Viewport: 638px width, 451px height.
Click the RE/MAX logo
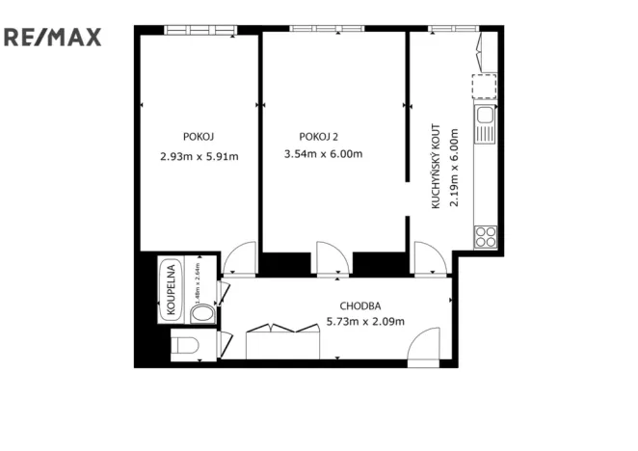pyautogui.click(x=52, y=38)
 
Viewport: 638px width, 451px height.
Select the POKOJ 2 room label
pyautogui.click(x=319, y=135)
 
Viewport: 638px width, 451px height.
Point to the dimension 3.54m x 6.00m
pyautogui.click(x=323, y=154)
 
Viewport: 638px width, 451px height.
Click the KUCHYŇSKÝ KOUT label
pyautogui.click(x=437, y=169)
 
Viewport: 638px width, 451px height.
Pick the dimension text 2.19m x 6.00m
pyautogui.click(x=454, y=169)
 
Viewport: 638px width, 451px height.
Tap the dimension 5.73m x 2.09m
pyautogui.click(x=365, y=322)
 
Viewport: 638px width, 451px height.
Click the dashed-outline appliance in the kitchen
pyautogui.click(x=484, y=88)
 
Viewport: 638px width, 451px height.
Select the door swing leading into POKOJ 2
pyautogui.click(x=332, y=258)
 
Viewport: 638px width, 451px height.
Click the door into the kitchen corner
pyautogui.click(x=428, y=258)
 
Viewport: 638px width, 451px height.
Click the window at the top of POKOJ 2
pyautogui.click(x=320, y=29)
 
